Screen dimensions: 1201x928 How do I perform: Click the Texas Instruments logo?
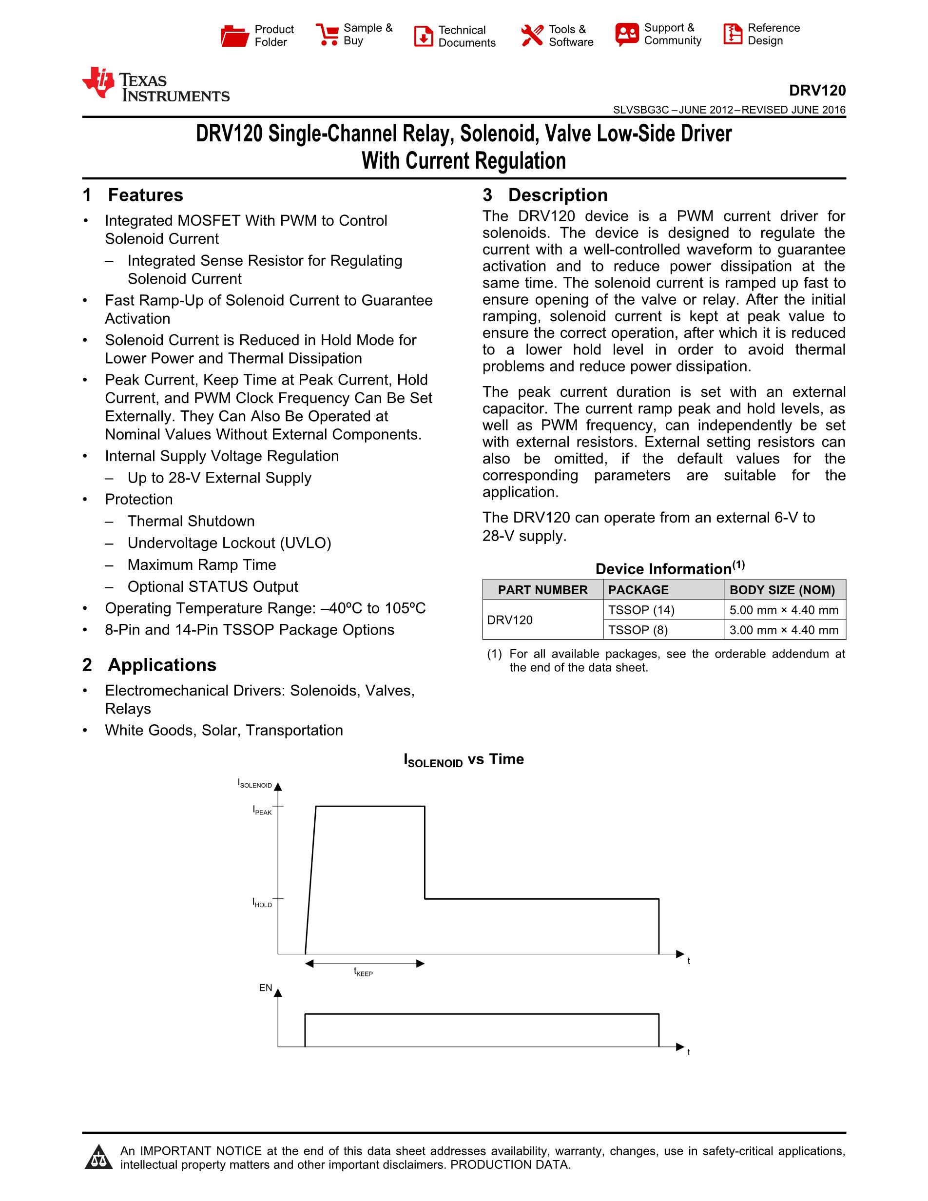[155, 85]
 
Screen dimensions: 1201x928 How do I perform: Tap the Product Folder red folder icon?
[235, 36]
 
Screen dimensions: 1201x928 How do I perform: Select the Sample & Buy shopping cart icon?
[327, 35]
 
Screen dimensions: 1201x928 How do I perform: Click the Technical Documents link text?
[467, 36]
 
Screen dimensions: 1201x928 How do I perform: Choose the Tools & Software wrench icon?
[532, 36]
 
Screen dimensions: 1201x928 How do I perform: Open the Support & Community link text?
[672, 34]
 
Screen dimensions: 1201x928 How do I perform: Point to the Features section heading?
[145, 195]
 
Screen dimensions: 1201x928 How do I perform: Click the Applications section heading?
[162, 665]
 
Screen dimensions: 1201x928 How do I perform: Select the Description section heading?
[558, 195]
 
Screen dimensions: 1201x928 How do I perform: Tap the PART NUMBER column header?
[542, 590]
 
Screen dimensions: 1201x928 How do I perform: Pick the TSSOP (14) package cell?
[641, 610]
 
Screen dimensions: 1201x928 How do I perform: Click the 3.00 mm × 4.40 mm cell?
[783, 630]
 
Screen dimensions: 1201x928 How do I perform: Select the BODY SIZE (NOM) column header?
[782, 590]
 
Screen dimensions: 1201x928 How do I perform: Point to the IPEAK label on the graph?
[262, 810]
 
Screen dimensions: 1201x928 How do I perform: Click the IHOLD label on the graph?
[262, 902]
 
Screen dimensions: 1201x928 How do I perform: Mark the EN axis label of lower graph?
[266, 988]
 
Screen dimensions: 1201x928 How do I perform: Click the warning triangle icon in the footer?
[99, 1157]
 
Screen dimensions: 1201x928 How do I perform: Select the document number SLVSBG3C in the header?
[640, 110]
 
